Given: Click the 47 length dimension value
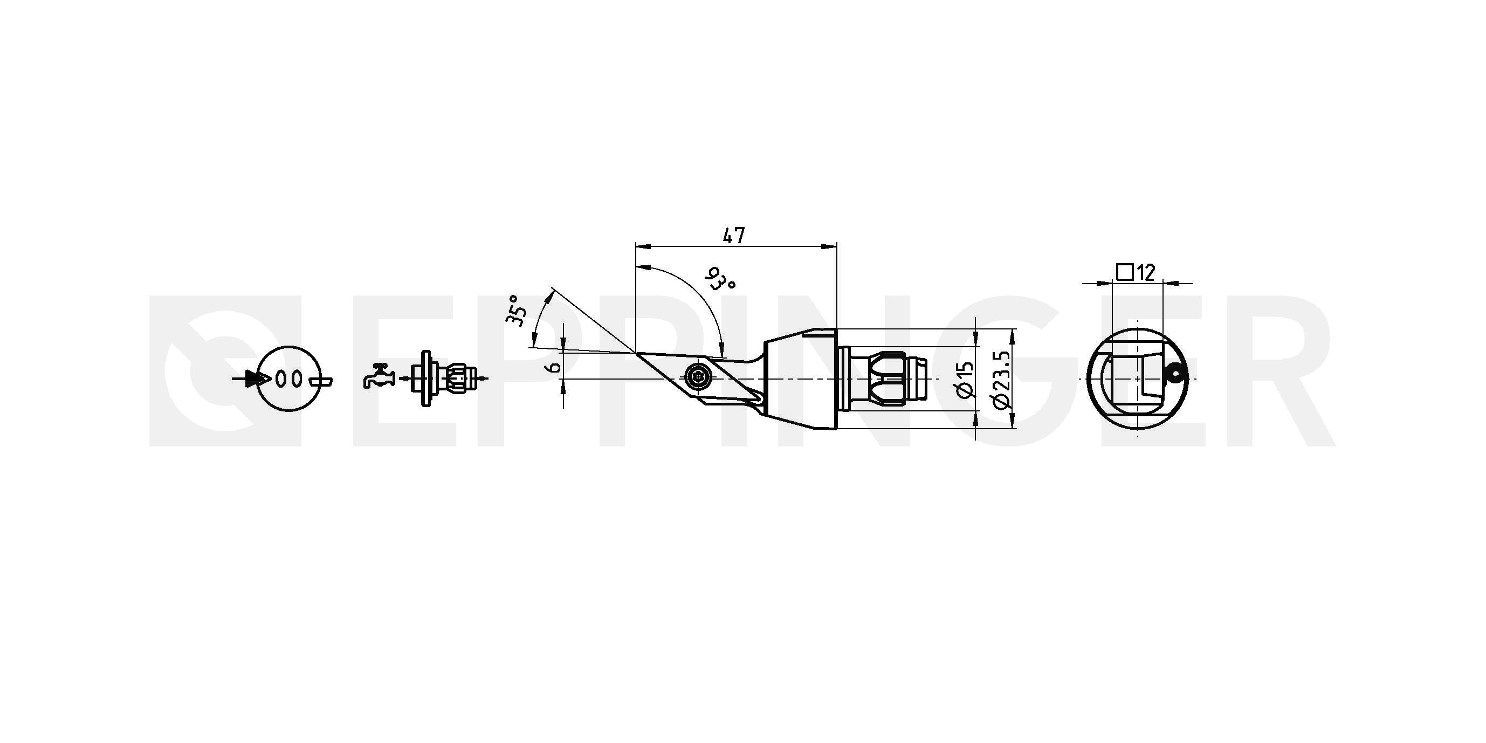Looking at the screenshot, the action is click(x=734, y=236).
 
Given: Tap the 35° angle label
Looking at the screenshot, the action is click(x=517, y=311).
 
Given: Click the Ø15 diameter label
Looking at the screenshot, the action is click(x=965, y=380).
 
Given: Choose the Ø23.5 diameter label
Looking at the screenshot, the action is click(x=1002, y=379).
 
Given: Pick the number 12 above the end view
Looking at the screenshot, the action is click(x=1146, y=272).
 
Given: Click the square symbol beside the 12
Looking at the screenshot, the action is click(x=1125, y=272).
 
